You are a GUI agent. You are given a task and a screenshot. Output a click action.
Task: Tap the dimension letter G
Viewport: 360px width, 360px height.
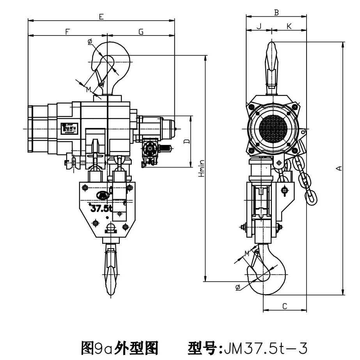pos(141,32)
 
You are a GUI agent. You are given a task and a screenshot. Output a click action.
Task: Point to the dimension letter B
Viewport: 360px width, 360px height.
pos(276,12)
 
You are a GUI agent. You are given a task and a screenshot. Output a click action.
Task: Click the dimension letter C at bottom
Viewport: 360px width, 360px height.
pos(285,306)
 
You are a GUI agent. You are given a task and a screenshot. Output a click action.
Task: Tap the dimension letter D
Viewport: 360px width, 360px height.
pos(186,141)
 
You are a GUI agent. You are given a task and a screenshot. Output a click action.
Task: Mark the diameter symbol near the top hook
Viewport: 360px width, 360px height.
pos(90,41)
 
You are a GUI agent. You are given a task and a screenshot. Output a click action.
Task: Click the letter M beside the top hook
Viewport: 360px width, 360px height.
pos(89,90)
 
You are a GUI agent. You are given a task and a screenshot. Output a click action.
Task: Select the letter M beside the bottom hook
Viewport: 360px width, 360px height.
pos(247,254)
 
